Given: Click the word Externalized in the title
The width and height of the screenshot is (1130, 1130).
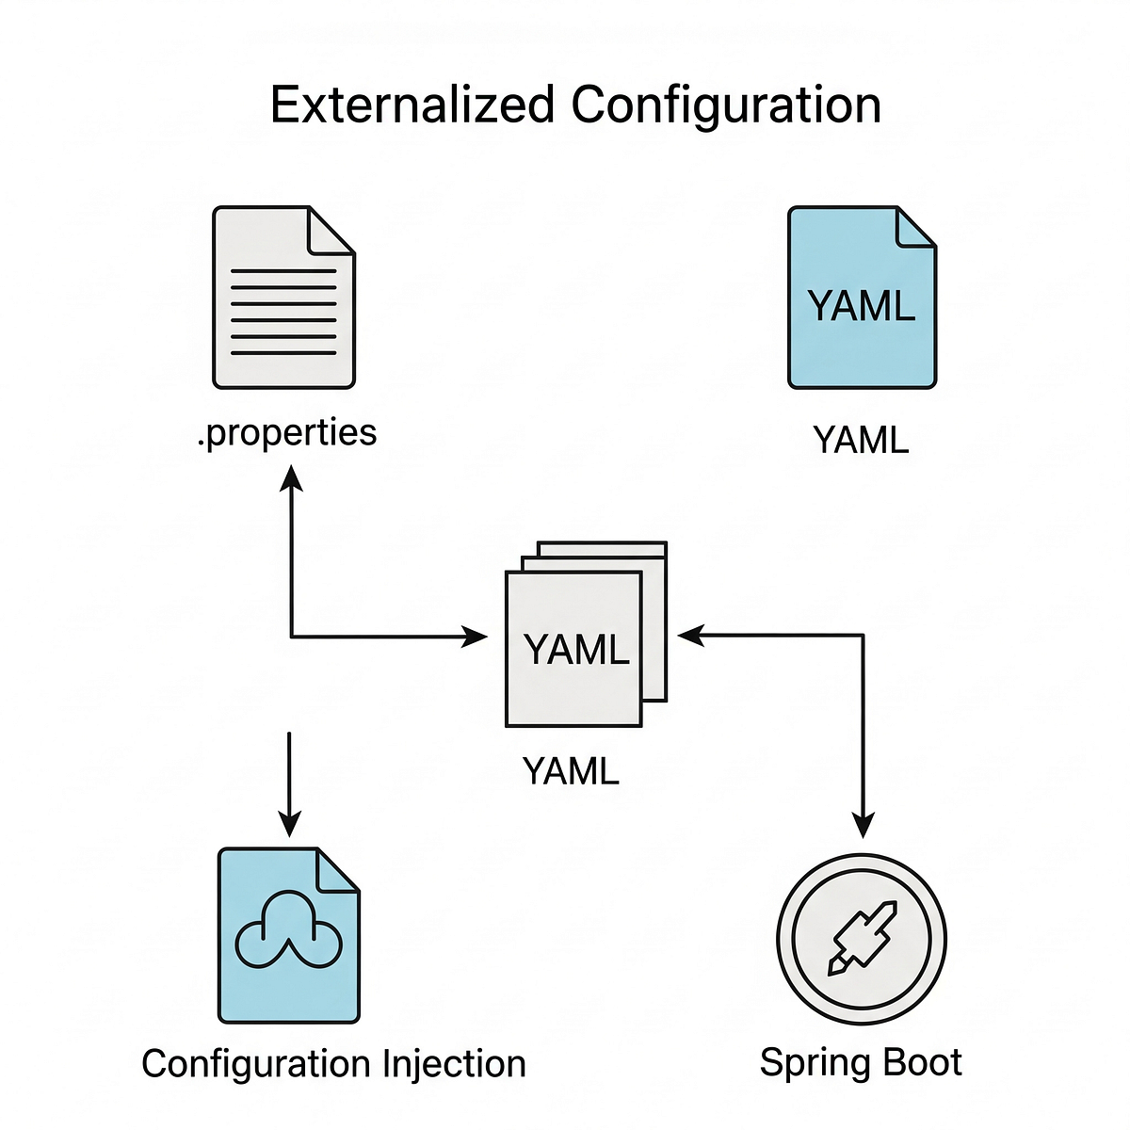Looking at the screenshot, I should (412, 105).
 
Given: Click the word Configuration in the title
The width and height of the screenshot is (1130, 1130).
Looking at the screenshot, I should (726, 105).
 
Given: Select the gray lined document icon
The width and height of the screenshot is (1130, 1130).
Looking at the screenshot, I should (283, 298).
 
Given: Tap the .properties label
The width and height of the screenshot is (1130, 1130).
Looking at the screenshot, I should (287, 433).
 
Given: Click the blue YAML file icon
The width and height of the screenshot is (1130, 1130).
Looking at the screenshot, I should (862, 298).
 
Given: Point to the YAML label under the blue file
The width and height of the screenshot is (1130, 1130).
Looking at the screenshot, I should (861, 440).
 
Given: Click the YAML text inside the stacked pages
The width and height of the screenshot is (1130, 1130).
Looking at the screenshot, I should (575, 650).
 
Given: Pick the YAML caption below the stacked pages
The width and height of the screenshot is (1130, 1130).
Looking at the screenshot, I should (571, 771).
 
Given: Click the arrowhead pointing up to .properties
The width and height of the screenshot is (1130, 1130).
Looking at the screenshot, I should (291, 478).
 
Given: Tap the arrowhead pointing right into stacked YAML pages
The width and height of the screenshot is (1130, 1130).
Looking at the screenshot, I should (476, 638).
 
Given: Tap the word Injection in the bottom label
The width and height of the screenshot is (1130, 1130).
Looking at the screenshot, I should (454, 1064).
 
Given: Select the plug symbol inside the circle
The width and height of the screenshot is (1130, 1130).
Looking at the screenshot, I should (861, 938).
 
